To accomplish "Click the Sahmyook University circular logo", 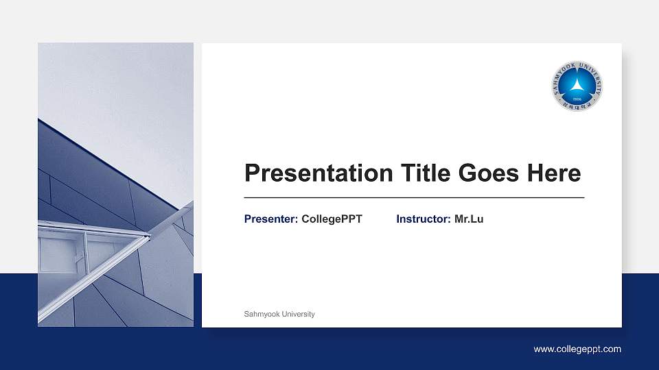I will [x=577, y=86].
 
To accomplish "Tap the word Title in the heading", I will [x=414, y=173].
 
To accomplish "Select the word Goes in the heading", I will [x=488, y=173].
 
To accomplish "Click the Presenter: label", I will [x=270, y=219].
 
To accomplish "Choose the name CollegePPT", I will [x=332, y=219].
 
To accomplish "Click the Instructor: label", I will [x=423, y=219].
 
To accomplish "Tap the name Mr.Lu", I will [x=469, y=219].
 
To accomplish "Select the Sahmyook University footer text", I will [x=279, y=314].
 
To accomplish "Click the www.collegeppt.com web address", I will [x=577, y=349].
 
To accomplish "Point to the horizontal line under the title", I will [x=414, y=197].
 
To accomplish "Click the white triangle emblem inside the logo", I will [x=577, y=85].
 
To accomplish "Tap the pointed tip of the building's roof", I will [x=149, y=236].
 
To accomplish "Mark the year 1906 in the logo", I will [x=577, y=99].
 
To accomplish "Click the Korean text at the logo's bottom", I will [x=577, y=107].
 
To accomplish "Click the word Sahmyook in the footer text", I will [x=261, y=314].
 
